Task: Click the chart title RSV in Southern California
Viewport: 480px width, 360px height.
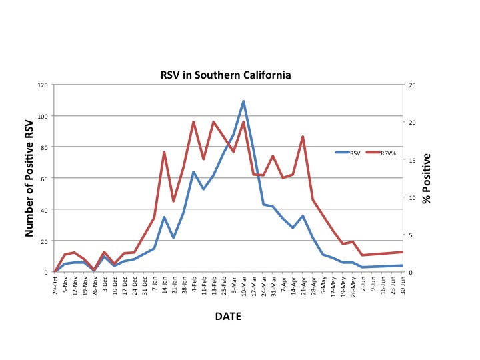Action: tap(225, 75)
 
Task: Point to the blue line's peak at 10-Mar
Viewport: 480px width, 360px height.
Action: tap(243, 101)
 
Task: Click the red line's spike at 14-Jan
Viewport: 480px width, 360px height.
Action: tap(164, 152)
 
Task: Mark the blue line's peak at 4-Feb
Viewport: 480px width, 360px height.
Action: tap(193, 172)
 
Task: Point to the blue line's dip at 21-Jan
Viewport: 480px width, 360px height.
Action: tap(173, 237)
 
